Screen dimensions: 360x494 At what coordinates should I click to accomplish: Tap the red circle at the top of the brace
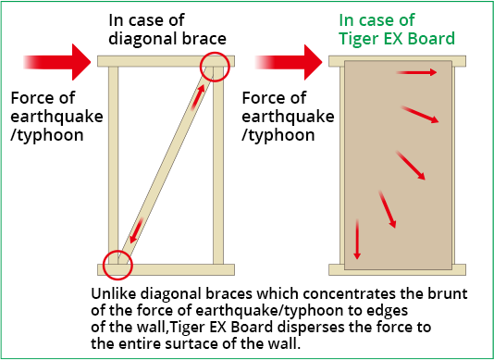click(x=214, y=67)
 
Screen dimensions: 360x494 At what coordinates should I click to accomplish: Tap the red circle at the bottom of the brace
click(x=118, y=265)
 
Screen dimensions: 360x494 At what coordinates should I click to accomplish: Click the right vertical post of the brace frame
click(x=219, y=167)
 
